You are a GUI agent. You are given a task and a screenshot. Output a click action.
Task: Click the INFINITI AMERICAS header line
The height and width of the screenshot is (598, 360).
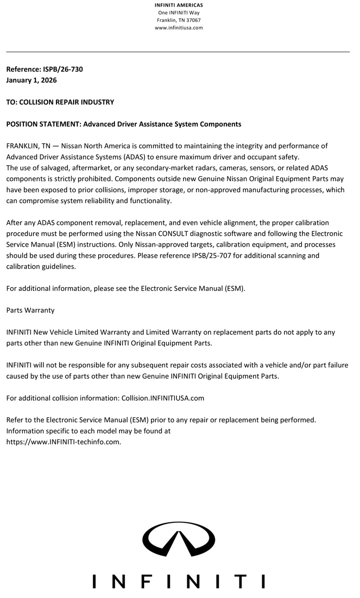[x=178, y=5]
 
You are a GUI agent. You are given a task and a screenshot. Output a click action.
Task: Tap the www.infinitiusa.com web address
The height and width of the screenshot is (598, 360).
[x=178, y=28]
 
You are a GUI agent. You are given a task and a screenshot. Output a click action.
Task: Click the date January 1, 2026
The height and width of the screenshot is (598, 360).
[x=31, y=80]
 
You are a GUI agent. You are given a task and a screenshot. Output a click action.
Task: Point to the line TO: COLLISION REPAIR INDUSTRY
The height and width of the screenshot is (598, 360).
[x=60, y=102]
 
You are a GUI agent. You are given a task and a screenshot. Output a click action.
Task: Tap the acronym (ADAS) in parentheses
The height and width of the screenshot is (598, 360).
[x=134, y=157]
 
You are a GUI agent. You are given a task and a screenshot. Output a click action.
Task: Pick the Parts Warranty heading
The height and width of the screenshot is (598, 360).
[x=30, y=310]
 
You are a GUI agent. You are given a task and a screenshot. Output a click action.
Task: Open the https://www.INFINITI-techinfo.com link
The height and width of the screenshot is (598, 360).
[x=63, y=442]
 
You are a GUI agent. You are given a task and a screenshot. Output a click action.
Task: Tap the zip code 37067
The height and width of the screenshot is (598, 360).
[x=192, y=20]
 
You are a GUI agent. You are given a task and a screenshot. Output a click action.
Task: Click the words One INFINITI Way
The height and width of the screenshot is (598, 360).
[x=178, y=13]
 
